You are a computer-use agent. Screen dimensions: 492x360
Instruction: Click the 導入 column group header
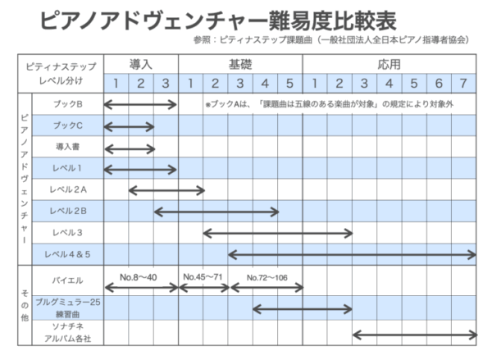(141, 64)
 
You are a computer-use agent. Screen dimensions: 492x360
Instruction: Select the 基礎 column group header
(240, 64)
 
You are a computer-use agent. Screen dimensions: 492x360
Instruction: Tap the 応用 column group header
(389, 64)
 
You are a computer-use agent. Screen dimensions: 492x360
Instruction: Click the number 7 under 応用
(463, 83)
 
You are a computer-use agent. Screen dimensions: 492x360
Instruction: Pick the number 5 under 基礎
(289, 83)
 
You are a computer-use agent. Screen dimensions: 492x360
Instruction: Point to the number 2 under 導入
(141, 83)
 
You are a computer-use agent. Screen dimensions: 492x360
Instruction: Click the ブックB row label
(68, 104)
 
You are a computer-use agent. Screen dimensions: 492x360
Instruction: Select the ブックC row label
(68, 125)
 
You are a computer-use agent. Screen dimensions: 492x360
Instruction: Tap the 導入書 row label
(68, 147)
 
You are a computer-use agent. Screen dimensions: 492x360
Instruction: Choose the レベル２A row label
(68, 189)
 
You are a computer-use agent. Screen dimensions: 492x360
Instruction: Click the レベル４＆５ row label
(67, 254)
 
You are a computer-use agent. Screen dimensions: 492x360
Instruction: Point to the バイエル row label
(68, 280)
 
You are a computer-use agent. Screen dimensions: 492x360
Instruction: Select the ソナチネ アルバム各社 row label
(68, 333)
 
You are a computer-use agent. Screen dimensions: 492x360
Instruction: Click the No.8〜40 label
(139, 277)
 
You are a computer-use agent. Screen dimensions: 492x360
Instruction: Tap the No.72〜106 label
(267, 277)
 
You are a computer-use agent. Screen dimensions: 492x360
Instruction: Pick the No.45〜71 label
(203, 277)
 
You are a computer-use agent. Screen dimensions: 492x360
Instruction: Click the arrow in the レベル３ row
(278, 233)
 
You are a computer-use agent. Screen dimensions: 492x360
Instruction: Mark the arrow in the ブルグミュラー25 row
(303, 309)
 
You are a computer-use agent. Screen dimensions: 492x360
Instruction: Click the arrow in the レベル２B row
(216, 212)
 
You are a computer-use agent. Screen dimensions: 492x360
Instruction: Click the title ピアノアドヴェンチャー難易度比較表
(218, 21)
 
